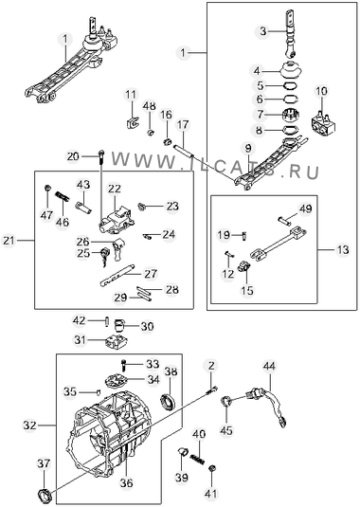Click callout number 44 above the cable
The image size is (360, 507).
(269, 367)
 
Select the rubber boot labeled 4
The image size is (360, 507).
(292, 70)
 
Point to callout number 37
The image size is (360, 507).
(44, 463)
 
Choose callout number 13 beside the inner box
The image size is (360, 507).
(343, 249)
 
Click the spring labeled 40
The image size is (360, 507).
(197, 458)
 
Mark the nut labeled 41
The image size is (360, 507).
(212, 468)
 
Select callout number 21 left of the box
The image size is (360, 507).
(9, 241)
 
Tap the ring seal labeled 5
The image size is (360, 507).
(290, 85)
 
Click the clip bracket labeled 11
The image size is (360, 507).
(132, 122)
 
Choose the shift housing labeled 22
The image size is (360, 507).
(117, 221)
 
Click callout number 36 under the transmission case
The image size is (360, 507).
(126, 483)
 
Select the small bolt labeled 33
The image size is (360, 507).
(124, 365)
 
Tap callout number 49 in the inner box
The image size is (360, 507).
(305, 208)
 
